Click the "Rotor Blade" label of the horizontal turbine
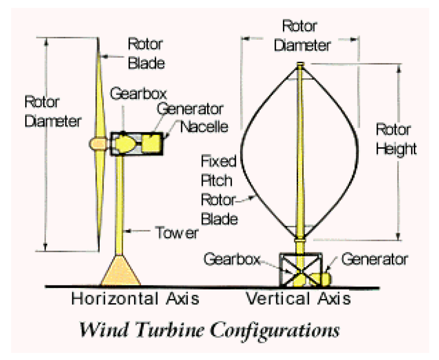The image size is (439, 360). click(x=146, y=53)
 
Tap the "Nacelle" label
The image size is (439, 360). click(x=205, y=127)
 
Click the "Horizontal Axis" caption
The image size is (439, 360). click(x=135, y=299)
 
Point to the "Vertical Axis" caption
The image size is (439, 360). click(x=298, y=299)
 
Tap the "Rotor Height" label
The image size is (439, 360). click(x=395, y=139)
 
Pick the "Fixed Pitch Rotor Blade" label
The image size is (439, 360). click(x=219, y=190)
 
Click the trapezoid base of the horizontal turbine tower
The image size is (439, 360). click(x=120, y=270)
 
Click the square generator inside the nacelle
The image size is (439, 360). click(x=152, y=143)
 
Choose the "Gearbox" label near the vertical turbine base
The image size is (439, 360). click(x=231, y=259)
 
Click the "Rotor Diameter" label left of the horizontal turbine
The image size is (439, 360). click(x=52, y=111)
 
